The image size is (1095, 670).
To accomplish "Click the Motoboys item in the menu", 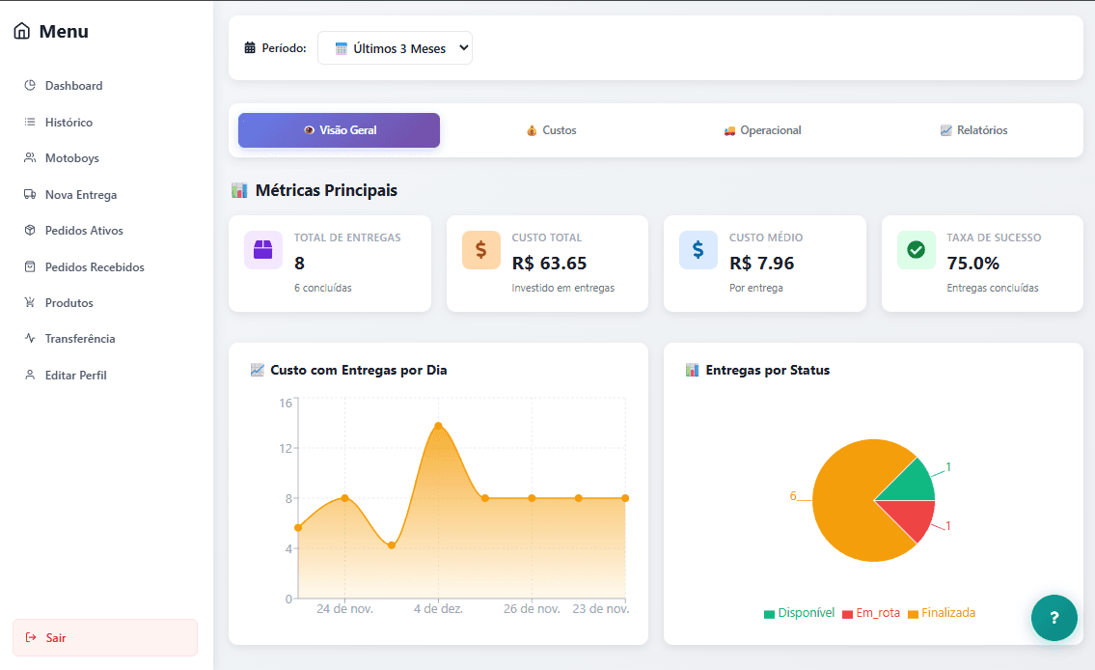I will [71, 158].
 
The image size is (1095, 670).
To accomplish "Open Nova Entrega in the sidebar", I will [80, 195].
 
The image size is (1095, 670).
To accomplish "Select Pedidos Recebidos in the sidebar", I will [94, 267].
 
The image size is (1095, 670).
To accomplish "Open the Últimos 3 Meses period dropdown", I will [395, 48].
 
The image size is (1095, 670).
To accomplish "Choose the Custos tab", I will [551, 130].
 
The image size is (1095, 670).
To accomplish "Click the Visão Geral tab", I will [339, 130].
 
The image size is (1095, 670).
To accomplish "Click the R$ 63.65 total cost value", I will [549, 264].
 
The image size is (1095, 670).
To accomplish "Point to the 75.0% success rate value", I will [972, 264].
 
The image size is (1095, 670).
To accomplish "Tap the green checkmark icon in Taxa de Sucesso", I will [916, 250].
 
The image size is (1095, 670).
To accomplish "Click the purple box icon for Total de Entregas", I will [263, 250].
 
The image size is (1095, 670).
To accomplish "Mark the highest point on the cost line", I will [438, 426].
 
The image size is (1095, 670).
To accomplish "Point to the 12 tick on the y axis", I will [286, 448].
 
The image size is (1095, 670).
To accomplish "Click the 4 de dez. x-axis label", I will [438, 609].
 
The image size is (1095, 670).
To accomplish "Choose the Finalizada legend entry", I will [942, 613].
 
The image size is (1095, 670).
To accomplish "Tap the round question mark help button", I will [1054, 618].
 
